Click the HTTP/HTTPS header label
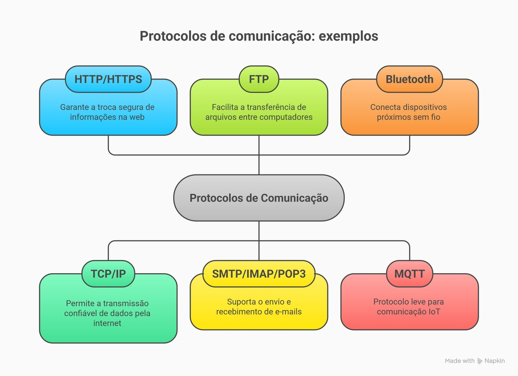pos(108,79)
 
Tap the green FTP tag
pos(259,79)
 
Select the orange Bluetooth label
pos(410,79)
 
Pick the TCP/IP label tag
pos(108,274)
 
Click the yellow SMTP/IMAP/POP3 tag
pos(259,274)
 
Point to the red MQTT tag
pos(410,274)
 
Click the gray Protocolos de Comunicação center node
pos(259,198)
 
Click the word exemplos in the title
pos(348,36)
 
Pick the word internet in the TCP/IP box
pos(107,323)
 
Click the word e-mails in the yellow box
pos(287,312)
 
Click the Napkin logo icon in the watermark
pos(480,361)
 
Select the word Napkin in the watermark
pos(495,361)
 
